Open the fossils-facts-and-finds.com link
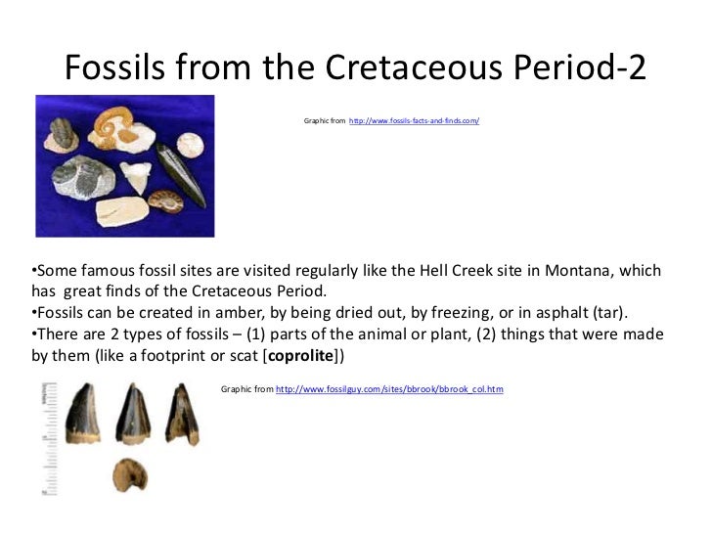point(414,120)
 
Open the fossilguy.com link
point(389,389)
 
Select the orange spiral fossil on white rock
point(112,122)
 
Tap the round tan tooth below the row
point(128,474)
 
